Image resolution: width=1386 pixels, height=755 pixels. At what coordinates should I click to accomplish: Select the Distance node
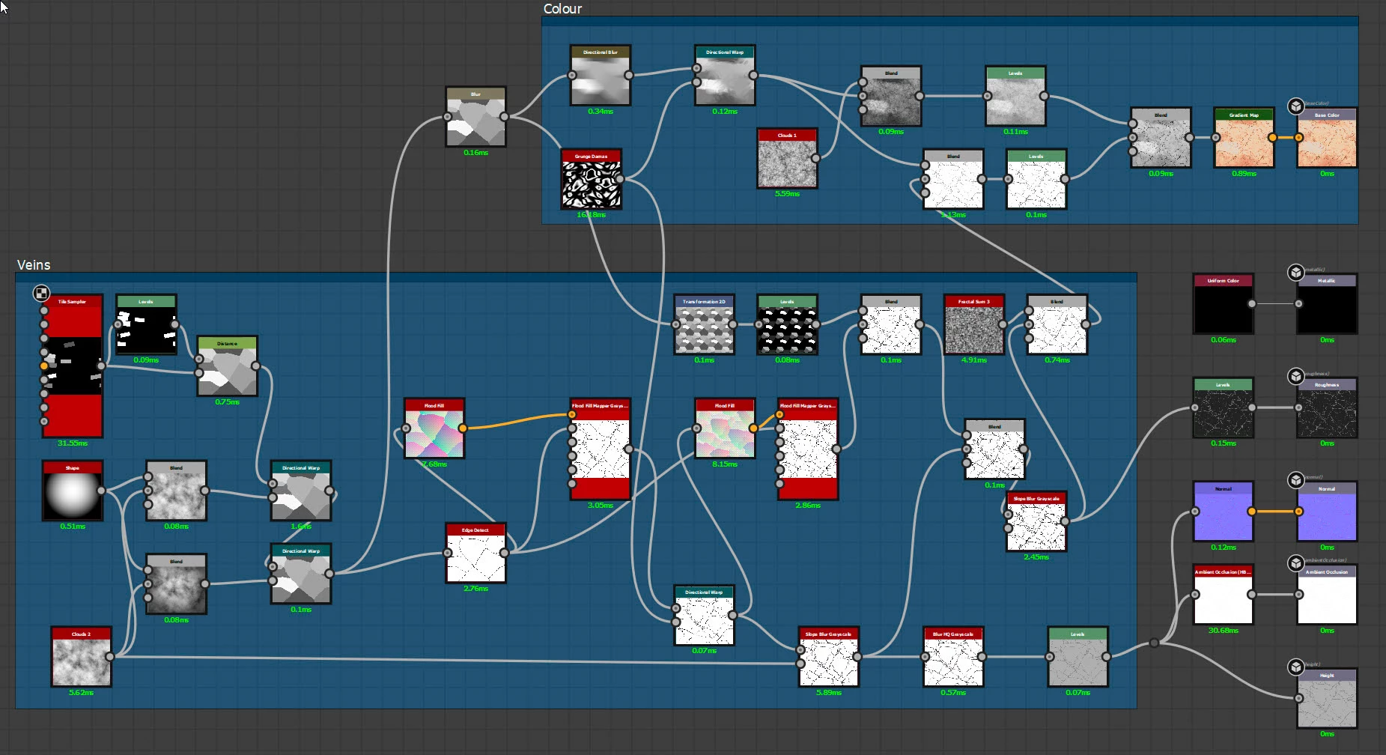[x=227, y=370]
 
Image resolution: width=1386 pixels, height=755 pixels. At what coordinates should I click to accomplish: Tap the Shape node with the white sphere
[x=72, y=494]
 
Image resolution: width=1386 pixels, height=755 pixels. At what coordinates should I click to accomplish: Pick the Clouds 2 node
[x=81, y=661]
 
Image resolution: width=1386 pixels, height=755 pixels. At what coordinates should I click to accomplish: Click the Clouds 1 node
[x=787, y=162]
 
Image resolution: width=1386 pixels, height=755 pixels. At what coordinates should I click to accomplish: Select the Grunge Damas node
[x=591, y=183]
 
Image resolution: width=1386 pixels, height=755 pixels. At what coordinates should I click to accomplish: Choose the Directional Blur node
[x=600, y=79]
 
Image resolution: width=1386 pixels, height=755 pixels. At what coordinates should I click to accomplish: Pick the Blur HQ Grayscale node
[x=953, y=661]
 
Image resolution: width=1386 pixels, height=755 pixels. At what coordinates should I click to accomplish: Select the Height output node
[x=1326, y=702]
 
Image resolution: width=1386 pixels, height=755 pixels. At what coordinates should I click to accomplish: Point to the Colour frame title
[x=562, y=9]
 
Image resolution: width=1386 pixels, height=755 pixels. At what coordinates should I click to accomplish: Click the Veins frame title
[x=34, y=265]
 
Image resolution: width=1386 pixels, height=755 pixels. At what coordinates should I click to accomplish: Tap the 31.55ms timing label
[x=73, y=443]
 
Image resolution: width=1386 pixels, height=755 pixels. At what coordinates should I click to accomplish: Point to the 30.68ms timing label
[x=1223, y=631]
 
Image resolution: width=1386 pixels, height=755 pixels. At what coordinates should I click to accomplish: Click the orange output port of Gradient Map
[x=1272, y=138]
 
